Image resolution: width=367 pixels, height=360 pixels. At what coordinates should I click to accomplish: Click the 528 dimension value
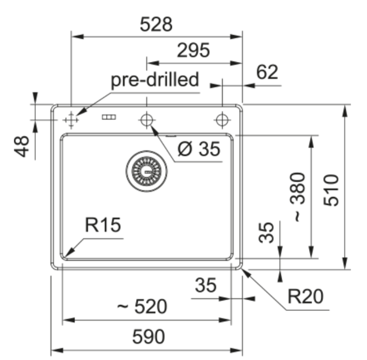click(156, 24)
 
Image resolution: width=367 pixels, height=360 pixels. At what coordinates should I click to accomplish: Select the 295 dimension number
click(193, 50)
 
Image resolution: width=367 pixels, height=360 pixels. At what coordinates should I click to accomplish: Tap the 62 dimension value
click(267, 72)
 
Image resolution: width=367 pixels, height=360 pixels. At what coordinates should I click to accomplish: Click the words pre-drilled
click(155, 80)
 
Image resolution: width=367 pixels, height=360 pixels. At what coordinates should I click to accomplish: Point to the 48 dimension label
click(22, 146)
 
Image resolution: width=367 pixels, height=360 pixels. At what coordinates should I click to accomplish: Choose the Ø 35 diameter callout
click(199, 149)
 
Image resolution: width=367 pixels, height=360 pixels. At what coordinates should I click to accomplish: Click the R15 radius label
click(103, 225)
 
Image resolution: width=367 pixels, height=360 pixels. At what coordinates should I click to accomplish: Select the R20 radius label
click(306, 297)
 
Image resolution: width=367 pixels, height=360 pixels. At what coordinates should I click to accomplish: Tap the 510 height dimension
click(331, 190)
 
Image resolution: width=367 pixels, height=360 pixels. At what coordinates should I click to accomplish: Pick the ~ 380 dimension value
click(297, 197)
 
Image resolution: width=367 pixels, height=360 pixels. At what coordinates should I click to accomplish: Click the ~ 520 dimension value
click(142, 306)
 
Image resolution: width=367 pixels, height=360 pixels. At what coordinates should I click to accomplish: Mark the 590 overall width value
click(148, 337)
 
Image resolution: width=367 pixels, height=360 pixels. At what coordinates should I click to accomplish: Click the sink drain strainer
click(147, 171)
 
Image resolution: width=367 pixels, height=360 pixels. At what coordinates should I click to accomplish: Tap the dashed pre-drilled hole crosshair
click(71, 120)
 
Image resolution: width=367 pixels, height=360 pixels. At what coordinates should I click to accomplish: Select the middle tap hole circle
click(147, 120)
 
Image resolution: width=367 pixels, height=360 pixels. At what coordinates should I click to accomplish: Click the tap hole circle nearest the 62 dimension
click(222, 120)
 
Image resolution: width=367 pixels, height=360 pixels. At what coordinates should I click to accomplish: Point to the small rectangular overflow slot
click(109, 117)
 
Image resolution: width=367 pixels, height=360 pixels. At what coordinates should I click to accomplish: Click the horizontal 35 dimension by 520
click(205, 285)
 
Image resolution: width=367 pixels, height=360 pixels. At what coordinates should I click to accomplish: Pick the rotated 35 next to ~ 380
click(266, 233)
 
